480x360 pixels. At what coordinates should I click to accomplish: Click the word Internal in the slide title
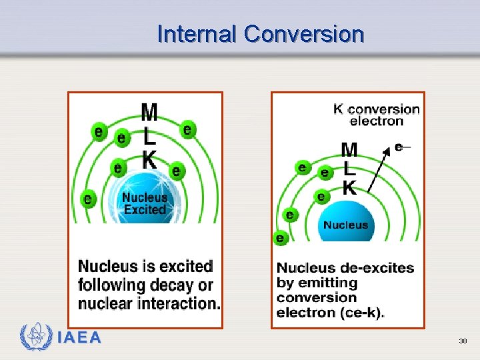click(197, 34)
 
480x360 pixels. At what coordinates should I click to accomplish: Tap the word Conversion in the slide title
click(304, 34)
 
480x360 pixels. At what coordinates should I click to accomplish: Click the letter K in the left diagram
click(149, 160)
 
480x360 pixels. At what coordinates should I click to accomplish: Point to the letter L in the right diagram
click(349, 169)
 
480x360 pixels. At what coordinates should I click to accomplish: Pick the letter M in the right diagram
click(349, 150)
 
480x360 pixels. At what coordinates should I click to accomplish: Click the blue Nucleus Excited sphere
click(145, 200)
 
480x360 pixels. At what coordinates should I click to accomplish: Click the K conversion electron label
click(377, 115)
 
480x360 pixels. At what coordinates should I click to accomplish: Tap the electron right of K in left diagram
click(175, 171)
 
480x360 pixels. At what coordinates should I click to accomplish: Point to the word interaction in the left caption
click(178, 303)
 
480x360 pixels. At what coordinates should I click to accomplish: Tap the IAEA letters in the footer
click(79, 338)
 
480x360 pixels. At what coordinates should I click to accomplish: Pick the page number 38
click(463, 341)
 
